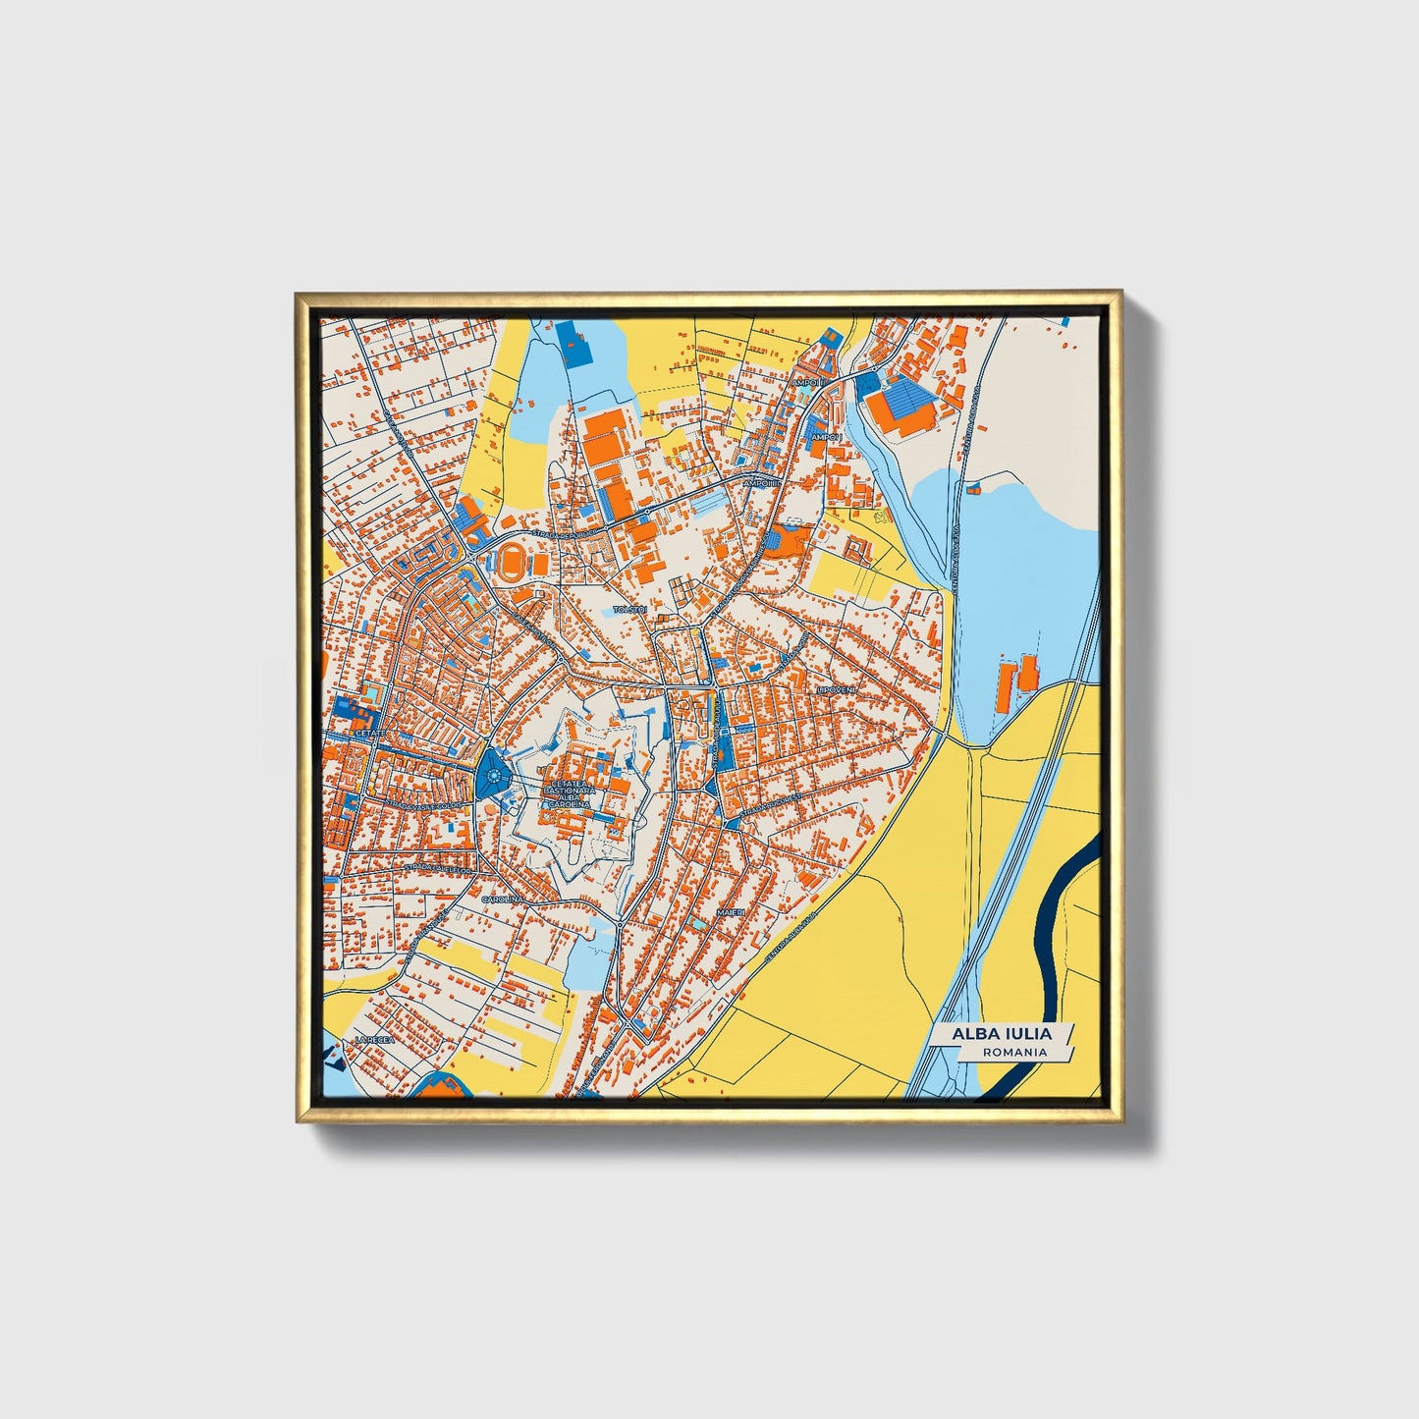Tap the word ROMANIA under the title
pos(1014,1052)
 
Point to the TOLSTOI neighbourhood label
pos(629,610)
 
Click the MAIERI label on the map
pos(731,912)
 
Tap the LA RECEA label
pos(374,1039)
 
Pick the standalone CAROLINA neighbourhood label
pos(502,898)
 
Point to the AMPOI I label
pos(827,436)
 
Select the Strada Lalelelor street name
pos(438,869)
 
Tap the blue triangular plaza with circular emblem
pos(491,775)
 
